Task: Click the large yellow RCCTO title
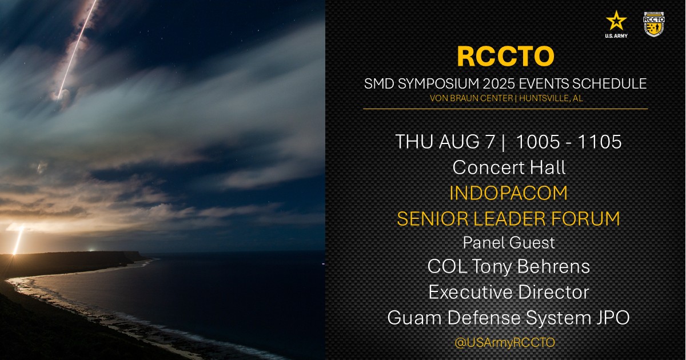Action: click(505, 56)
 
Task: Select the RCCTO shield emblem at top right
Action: click(653, 23)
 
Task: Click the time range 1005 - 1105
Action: click(568, 142)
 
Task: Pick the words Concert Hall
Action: click(509, 167)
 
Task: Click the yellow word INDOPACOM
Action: click(509, 193)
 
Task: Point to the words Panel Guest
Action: click(509, 242)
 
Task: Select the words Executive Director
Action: click(509, 292)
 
